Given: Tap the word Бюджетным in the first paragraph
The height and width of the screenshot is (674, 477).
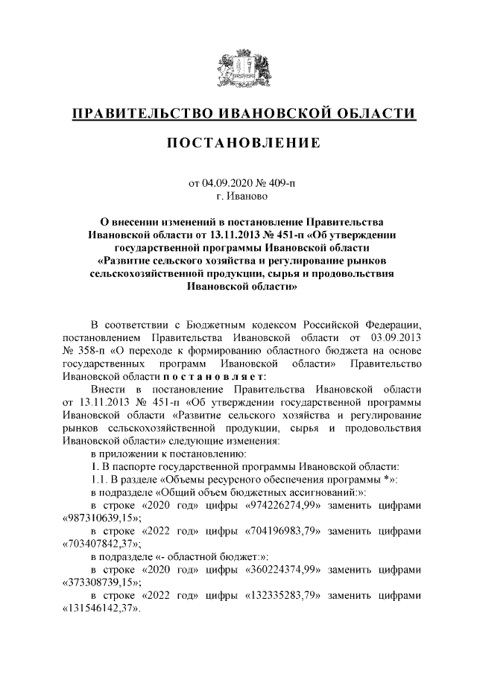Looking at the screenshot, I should click(225, 325).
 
